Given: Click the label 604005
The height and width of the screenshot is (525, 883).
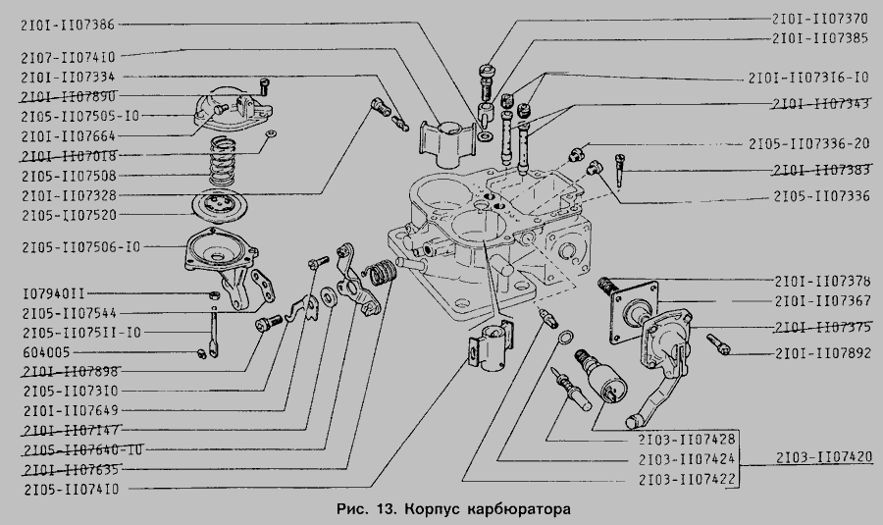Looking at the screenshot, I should point(44,351).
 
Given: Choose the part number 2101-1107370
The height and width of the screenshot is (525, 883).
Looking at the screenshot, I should point(820,18).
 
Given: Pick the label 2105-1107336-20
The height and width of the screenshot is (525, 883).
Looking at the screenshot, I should point(808,143).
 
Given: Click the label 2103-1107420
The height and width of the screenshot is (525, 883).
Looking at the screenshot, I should point(821,456).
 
